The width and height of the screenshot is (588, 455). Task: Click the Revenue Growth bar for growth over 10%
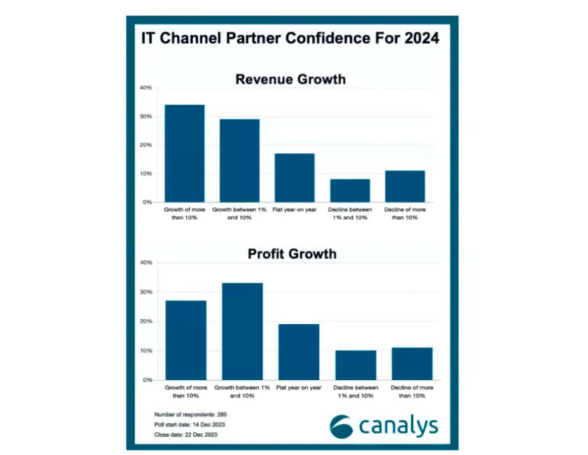pos(185,153)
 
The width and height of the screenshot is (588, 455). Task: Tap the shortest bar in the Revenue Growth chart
pos(350,190)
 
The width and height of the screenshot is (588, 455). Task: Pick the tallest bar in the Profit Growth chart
pos(243,331)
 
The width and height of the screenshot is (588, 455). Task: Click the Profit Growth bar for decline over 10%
pos(412,363)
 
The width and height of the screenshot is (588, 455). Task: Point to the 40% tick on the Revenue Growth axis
pos(146,87)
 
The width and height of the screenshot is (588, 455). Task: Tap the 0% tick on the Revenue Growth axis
pos(147,202)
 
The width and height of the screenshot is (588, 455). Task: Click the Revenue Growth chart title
pos(290,79)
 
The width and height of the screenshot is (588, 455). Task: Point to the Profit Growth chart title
pos(292,253)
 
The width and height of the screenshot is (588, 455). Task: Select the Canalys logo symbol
pos(342,426)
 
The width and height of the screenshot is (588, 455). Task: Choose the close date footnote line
pos(184,435)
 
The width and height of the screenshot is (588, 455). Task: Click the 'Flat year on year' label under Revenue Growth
pos(294,209)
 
